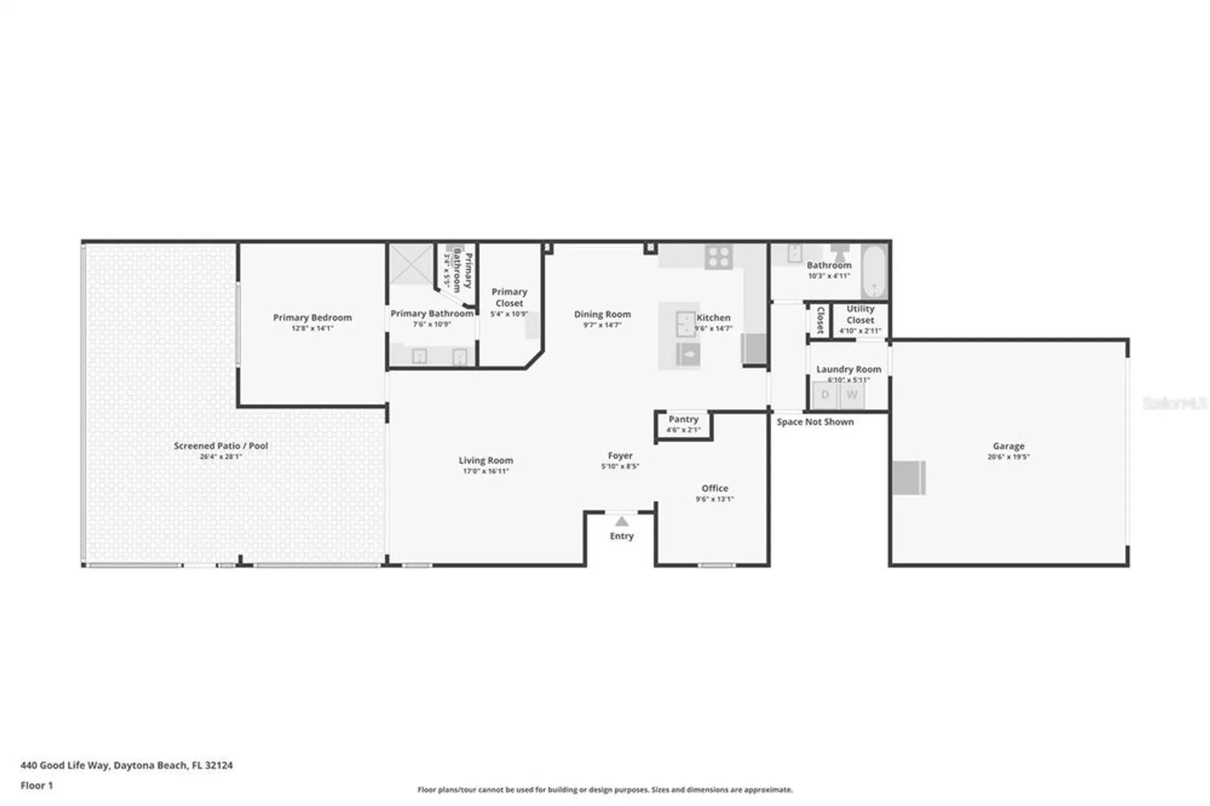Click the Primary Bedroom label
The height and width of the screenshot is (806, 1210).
coord(312,318)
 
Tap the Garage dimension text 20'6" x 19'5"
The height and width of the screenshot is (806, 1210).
coord(1008,457)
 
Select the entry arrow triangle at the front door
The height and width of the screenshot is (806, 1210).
coord(621,522)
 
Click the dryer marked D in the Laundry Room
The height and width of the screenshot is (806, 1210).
coord(825,395)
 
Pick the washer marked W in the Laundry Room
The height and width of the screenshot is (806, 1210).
coord(852,395)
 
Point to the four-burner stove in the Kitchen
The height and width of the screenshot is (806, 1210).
coord(719,257)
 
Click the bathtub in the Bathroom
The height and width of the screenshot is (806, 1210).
coord(874,270)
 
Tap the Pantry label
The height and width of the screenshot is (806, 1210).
coord(683,419)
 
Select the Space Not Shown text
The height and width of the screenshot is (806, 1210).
coord(815,422)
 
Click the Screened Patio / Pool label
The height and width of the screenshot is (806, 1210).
coord(221,446)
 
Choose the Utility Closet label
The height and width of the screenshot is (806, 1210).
coord(860,314)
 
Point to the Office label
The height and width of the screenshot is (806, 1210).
coord(715,488)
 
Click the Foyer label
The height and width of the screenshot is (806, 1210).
coord(620,456)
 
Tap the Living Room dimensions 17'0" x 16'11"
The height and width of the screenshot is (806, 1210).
coord(486,471)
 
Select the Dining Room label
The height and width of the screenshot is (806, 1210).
coord(602,314)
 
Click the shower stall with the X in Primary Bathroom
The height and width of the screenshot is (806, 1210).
coord(410,264)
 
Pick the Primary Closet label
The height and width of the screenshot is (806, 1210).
coord(509,297)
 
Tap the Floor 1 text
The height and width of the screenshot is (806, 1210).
coord(37,785)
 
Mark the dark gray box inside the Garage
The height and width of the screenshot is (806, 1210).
coord(909,477)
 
